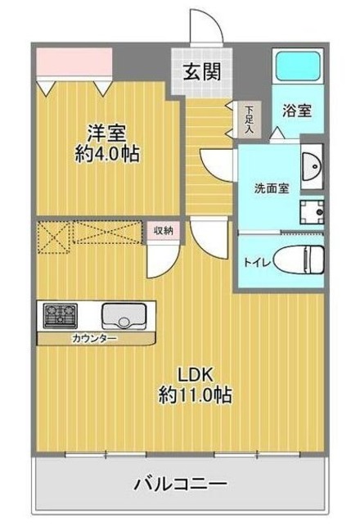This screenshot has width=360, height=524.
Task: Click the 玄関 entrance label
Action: point(200,71)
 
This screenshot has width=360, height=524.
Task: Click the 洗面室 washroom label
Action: point(271,187)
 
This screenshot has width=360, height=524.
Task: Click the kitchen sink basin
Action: point(124,314)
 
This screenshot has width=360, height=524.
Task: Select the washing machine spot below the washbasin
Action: point(311,214)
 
